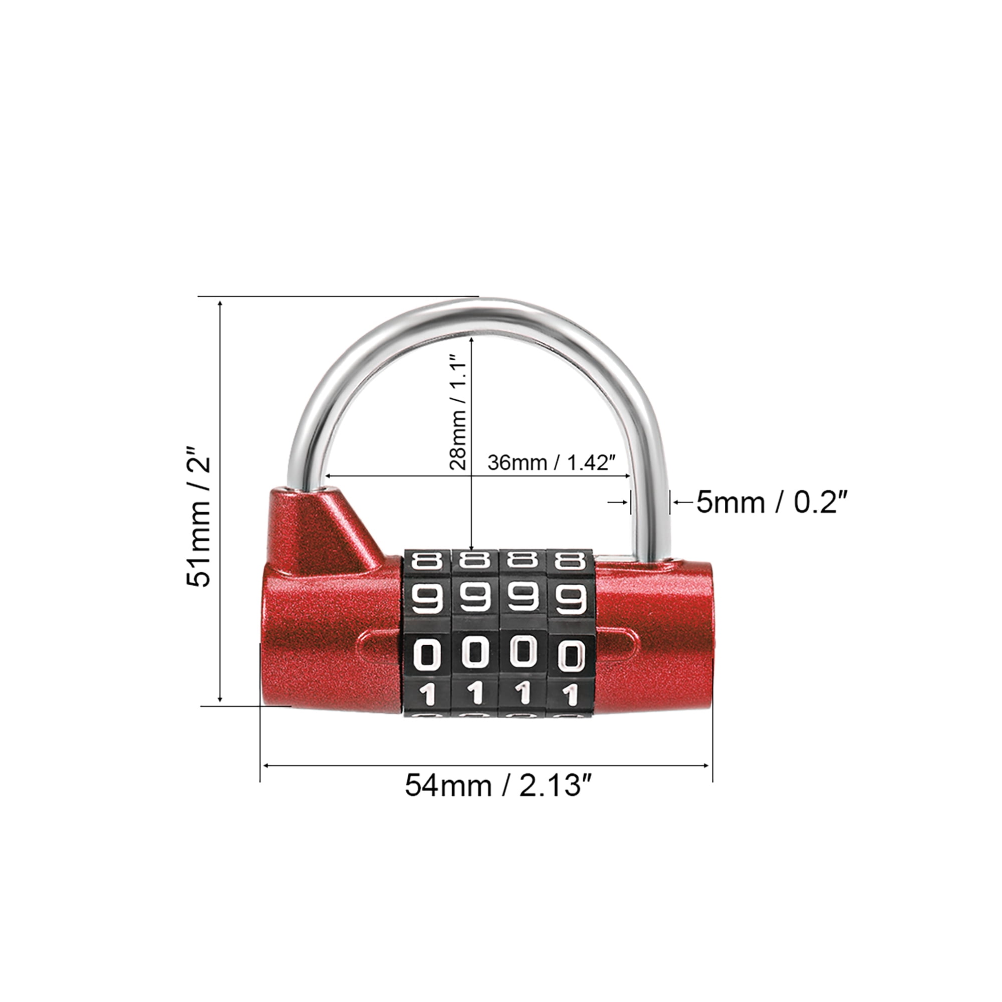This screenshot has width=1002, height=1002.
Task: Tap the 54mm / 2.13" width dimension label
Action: tap(499, 785)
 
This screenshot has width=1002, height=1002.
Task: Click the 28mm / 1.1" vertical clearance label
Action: tap(458, 412)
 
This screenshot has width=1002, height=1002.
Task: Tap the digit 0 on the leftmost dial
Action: tap(426, 654)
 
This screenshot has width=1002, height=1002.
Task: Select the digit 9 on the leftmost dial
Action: tap(426, 598)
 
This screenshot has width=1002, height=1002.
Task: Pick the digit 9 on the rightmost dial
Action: tap(571, 598)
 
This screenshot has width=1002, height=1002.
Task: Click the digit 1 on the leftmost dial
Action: tap(426, 695)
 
